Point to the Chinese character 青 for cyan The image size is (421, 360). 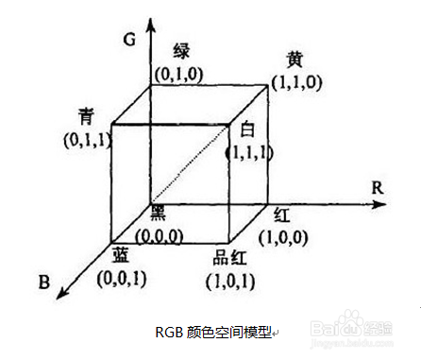pyautogui.click(x=86, y=115)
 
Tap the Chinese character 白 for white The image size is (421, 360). pyautogui.click(x=248, y=129)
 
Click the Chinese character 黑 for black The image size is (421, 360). pyautogui.click(x=159, y=214)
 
